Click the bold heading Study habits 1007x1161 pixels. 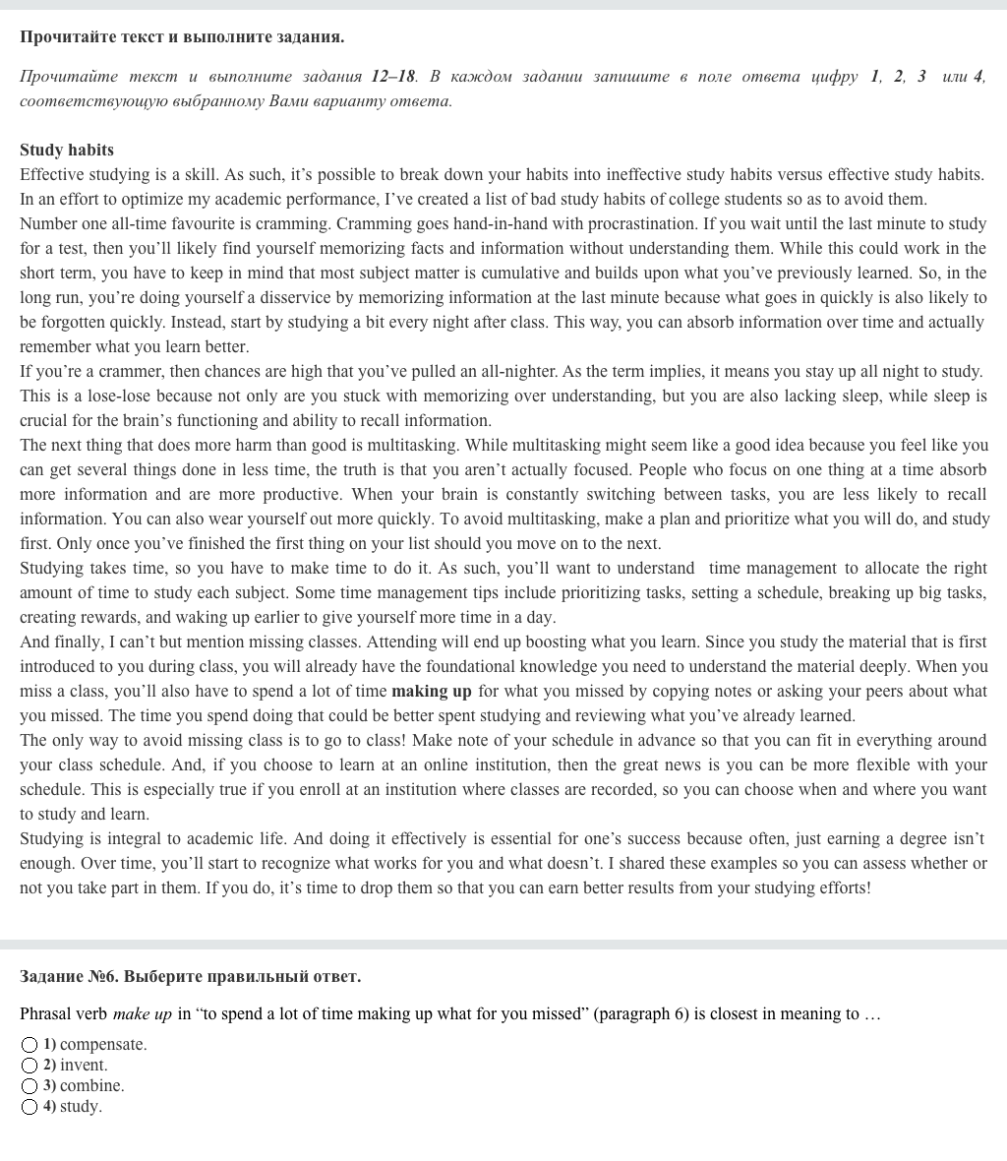pos(67,151)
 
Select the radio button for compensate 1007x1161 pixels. pos(30,1045)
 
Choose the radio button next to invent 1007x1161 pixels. pos(30,1066)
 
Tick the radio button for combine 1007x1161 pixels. pos(30,1086)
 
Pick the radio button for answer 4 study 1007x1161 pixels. pos(30,1107)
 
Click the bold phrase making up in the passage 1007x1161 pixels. pos(431,692)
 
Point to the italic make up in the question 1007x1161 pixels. pos(142,1014)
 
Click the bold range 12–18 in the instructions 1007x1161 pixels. pos(392,77)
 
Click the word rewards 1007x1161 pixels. pos(111,618)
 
